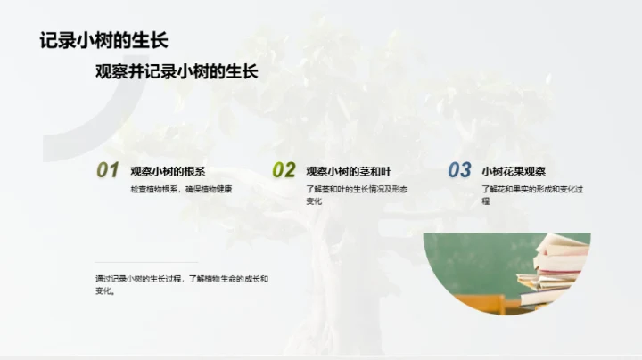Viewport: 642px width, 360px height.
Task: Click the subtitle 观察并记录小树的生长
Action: click(177, 72)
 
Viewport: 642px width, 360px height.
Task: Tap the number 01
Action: click(108, 170)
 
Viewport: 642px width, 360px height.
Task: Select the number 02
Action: click(284, 170)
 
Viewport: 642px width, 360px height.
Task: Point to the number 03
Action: click(459, 170)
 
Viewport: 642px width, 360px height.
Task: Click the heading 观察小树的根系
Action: click(168, 170)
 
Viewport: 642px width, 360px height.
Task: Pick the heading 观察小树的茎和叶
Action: click(349, 170)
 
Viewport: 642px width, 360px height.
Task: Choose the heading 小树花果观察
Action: click(514, 170)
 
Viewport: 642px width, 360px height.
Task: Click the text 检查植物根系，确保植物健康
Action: click(181, 189)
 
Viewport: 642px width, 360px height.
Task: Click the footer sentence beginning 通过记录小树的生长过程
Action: click(182, 279)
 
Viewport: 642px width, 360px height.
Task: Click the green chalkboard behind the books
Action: click(473, 254)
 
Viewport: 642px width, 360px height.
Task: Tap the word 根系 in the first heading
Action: click(195, 170)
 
